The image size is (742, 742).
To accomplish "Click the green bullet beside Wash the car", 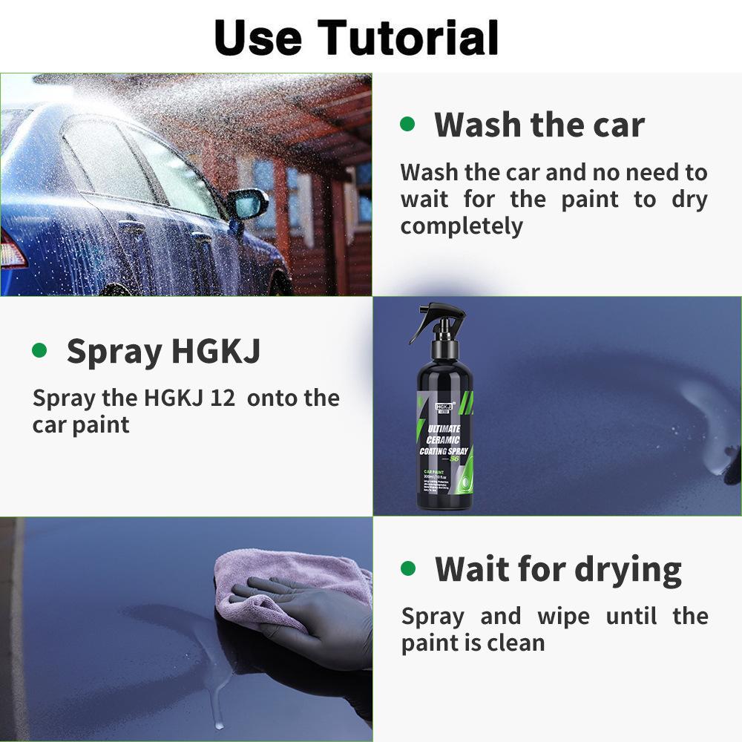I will (407, 123).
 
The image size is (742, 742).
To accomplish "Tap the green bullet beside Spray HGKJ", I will (39, 349).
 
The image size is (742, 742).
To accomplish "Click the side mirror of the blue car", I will (248, 203).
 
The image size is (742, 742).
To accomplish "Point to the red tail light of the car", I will (11, 249).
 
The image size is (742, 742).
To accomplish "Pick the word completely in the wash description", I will (462, 226).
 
